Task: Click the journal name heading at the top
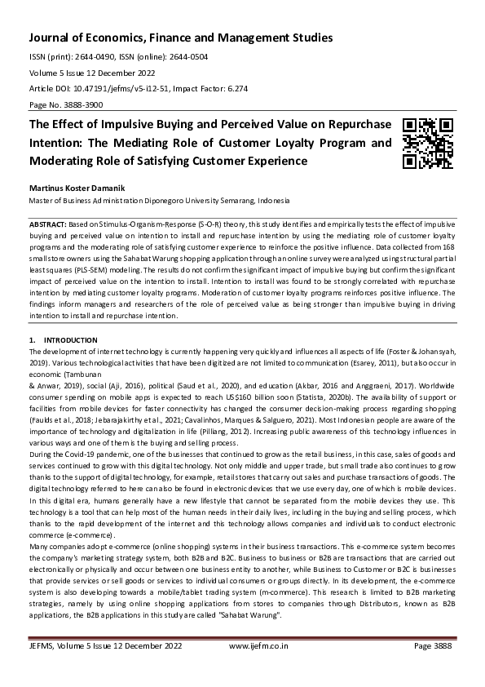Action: (x=180, y=38)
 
